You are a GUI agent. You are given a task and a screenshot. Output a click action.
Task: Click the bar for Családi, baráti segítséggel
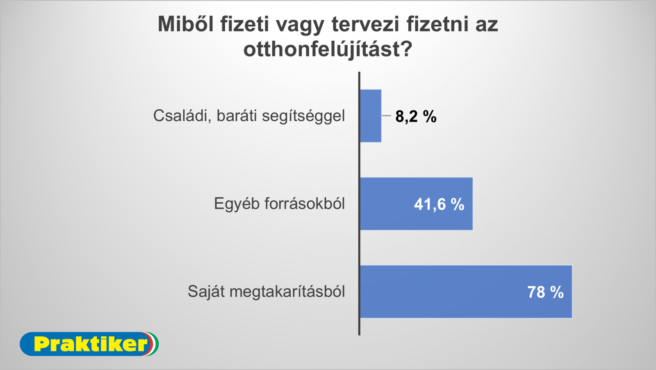[x=371, y=116]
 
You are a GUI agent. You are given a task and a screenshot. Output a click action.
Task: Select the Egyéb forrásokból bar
[x=417, y=204]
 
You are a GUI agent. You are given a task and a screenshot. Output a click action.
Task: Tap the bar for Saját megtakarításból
[x=466, y=292]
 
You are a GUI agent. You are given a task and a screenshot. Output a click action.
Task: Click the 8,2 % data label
[x=416, y=117]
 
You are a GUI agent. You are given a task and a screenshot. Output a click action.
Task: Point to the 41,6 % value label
[x=439, y=205]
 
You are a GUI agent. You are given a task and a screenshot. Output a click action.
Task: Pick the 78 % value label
[x=546, y=292]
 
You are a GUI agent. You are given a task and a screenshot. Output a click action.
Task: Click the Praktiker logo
[x=89, y=344]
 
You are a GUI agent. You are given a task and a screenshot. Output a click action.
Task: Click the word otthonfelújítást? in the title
[x=328, y=49]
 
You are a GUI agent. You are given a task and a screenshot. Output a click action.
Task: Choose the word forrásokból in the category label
[x=305, y=204]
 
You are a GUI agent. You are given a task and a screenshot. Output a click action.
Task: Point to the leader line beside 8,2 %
[x=386, y=116]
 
